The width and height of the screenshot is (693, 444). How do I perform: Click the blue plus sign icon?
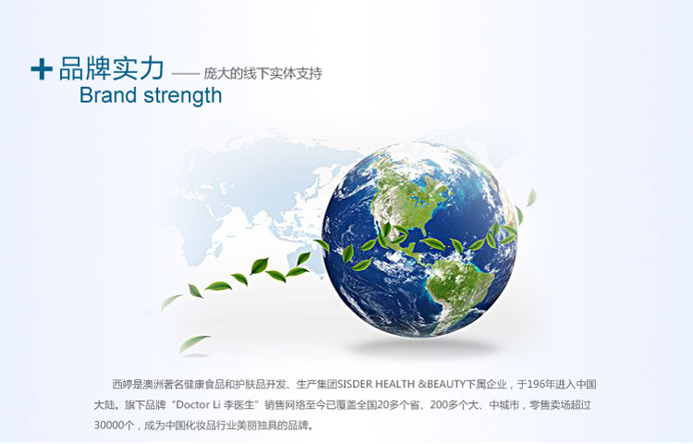click(42, 69)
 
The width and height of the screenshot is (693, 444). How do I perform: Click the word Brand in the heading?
click(107, 95)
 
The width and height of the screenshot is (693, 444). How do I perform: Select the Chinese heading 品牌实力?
click(112, 68)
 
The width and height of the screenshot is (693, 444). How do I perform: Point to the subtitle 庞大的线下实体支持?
click(262, 73)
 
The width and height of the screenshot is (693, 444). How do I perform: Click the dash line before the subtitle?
click(185, 74)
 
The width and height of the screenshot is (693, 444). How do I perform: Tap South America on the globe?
click(459, 292)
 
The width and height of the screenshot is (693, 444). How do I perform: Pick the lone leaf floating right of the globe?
click(531, 197)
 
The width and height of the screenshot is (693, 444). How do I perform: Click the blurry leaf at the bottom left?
click(193, 344)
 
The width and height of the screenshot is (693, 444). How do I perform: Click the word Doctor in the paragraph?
click(192, 405)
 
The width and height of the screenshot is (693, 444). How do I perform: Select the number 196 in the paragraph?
click(536, 384)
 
